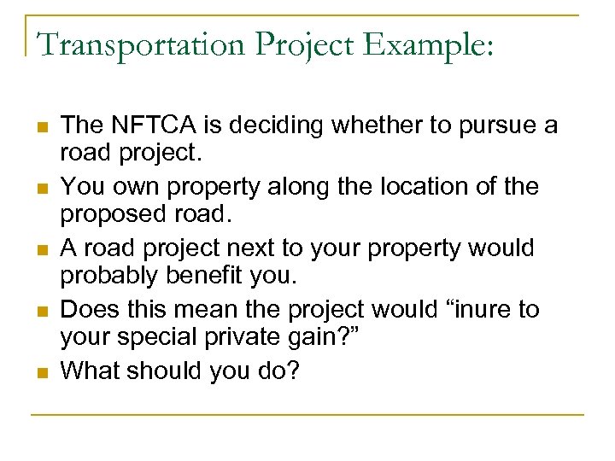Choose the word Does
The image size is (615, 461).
click(89, 308)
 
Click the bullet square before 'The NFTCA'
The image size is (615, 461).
click(40, 127)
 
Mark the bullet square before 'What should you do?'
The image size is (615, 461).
click(40, 371)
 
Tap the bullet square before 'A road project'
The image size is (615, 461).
click(40, 249)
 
